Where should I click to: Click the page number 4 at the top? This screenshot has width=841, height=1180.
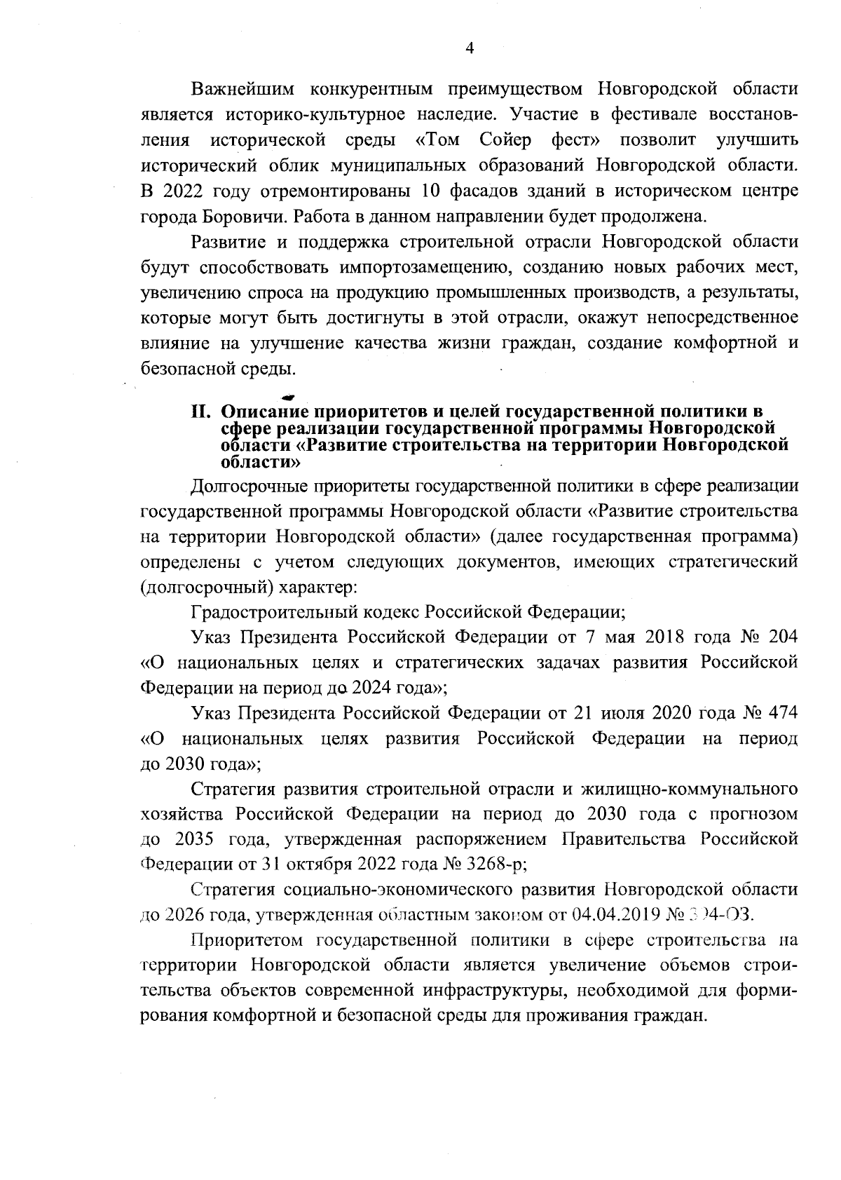pos(470,48)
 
